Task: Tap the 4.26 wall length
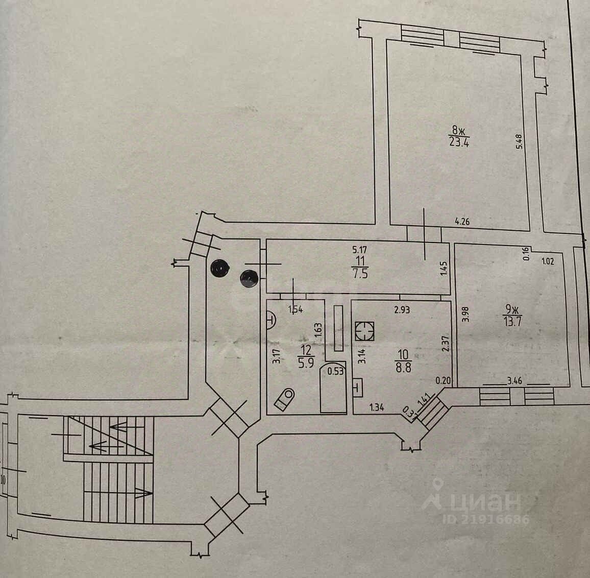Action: point(462,222)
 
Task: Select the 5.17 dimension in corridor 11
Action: point(360,251)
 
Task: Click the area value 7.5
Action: point(360,273)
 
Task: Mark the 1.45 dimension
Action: point(444,270)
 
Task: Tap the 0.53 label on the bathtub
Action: point(335,371)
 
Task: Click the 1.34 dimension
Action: point(377,407)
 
